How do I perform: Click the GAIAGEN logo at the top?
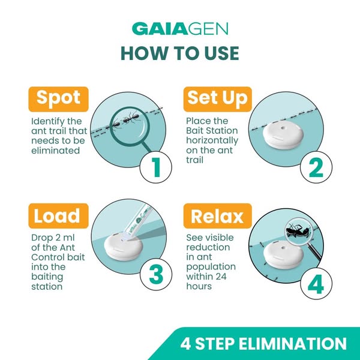click(x=180, y=29)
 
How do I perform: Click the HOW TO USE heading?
click(x=180, y=53)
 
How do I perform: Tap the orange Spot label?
click(x=58, y=99)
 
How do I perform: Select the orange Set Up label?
click(x=218, y=99)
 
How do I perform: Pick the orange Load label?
click(x=58, y=216)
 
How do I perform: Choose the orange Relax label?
click(x=218, y=216)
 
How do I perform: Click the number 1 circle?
click(x=156, y=167)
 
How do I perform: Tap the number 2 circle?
click(x=316, y=167)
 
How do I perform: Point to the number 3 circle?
click(x=156, y=274)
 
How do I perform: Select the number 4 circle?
click(x=316, y=284)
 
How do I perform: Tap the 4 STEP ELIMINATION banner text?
click(x=263, y=343)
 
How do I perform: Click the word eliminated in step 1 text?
click(x=56, y=151)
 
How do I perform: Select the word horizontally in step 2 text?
click(x=212, y=141)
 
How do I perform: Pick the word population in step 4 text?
click(x=211, y=267)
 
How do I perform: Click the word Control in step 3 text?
click(x=47, y=257)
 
